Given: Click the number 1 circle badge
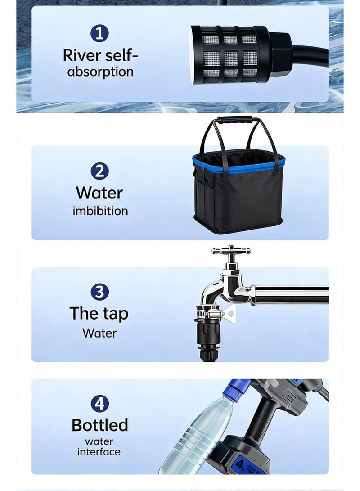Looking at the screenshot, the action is pos(99,33).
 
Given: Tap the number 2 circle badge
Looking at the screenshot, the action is pos(99,171).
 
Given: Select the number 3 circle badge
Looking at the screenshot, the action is pos(99,292).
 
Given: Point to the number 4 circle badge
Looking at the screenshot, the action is pos(99,403).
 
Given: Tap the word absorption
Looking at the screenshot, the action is pos(100,72).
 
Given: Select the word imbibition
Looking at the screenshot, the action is pos(100,211).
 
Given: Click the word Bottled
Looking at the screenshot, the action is pos(100,425).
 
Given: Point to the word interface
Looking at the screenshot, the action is pos(99,452).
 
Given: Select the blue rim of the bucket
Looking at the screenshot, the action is pos(238,164).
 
